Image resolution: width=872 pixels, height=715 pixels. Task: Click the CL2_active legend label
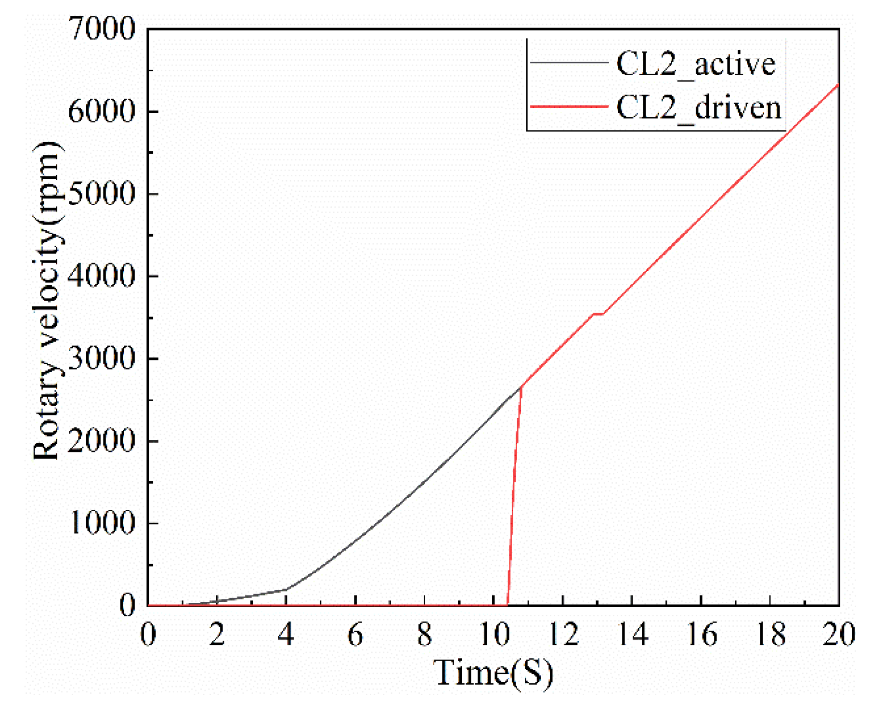tap(696, 64)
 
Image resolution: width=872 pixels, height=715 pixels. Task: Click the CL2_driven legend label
tap(699, 107)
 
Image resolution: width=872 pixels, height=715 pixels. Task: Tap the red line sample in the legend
tap(569, 106)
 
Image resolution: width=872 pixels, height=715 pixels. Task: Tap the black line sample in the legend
tap(569, 63)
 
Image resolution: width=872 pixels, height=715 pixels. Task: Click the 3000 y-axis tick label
tap(102, 358)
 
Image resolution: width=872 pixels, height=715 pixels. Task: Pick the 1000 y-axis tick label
tap(102, 523)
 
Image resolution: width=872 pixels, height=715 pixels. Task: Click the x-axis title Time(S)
tap(493, 673)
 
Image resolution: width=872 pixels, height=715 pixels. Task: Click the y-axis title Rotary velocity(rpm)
tap(47, 301)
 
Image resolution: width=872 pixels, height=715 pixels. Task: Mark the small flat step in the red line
tap(598, 314)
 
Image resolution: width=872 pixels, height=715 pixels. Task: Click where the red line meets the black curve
tap(521, 386)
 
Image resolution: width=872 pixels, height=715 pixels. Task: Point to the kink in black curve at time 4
tap(286, 589)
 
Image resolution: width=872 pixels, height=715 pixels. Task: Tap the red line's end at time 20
tap(838, 85)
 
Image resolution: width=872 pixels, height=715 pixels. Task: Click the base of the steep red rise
tap(508, 605)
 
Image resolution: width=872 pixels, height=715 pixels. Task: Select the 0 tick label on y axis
tap(128, 605)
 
